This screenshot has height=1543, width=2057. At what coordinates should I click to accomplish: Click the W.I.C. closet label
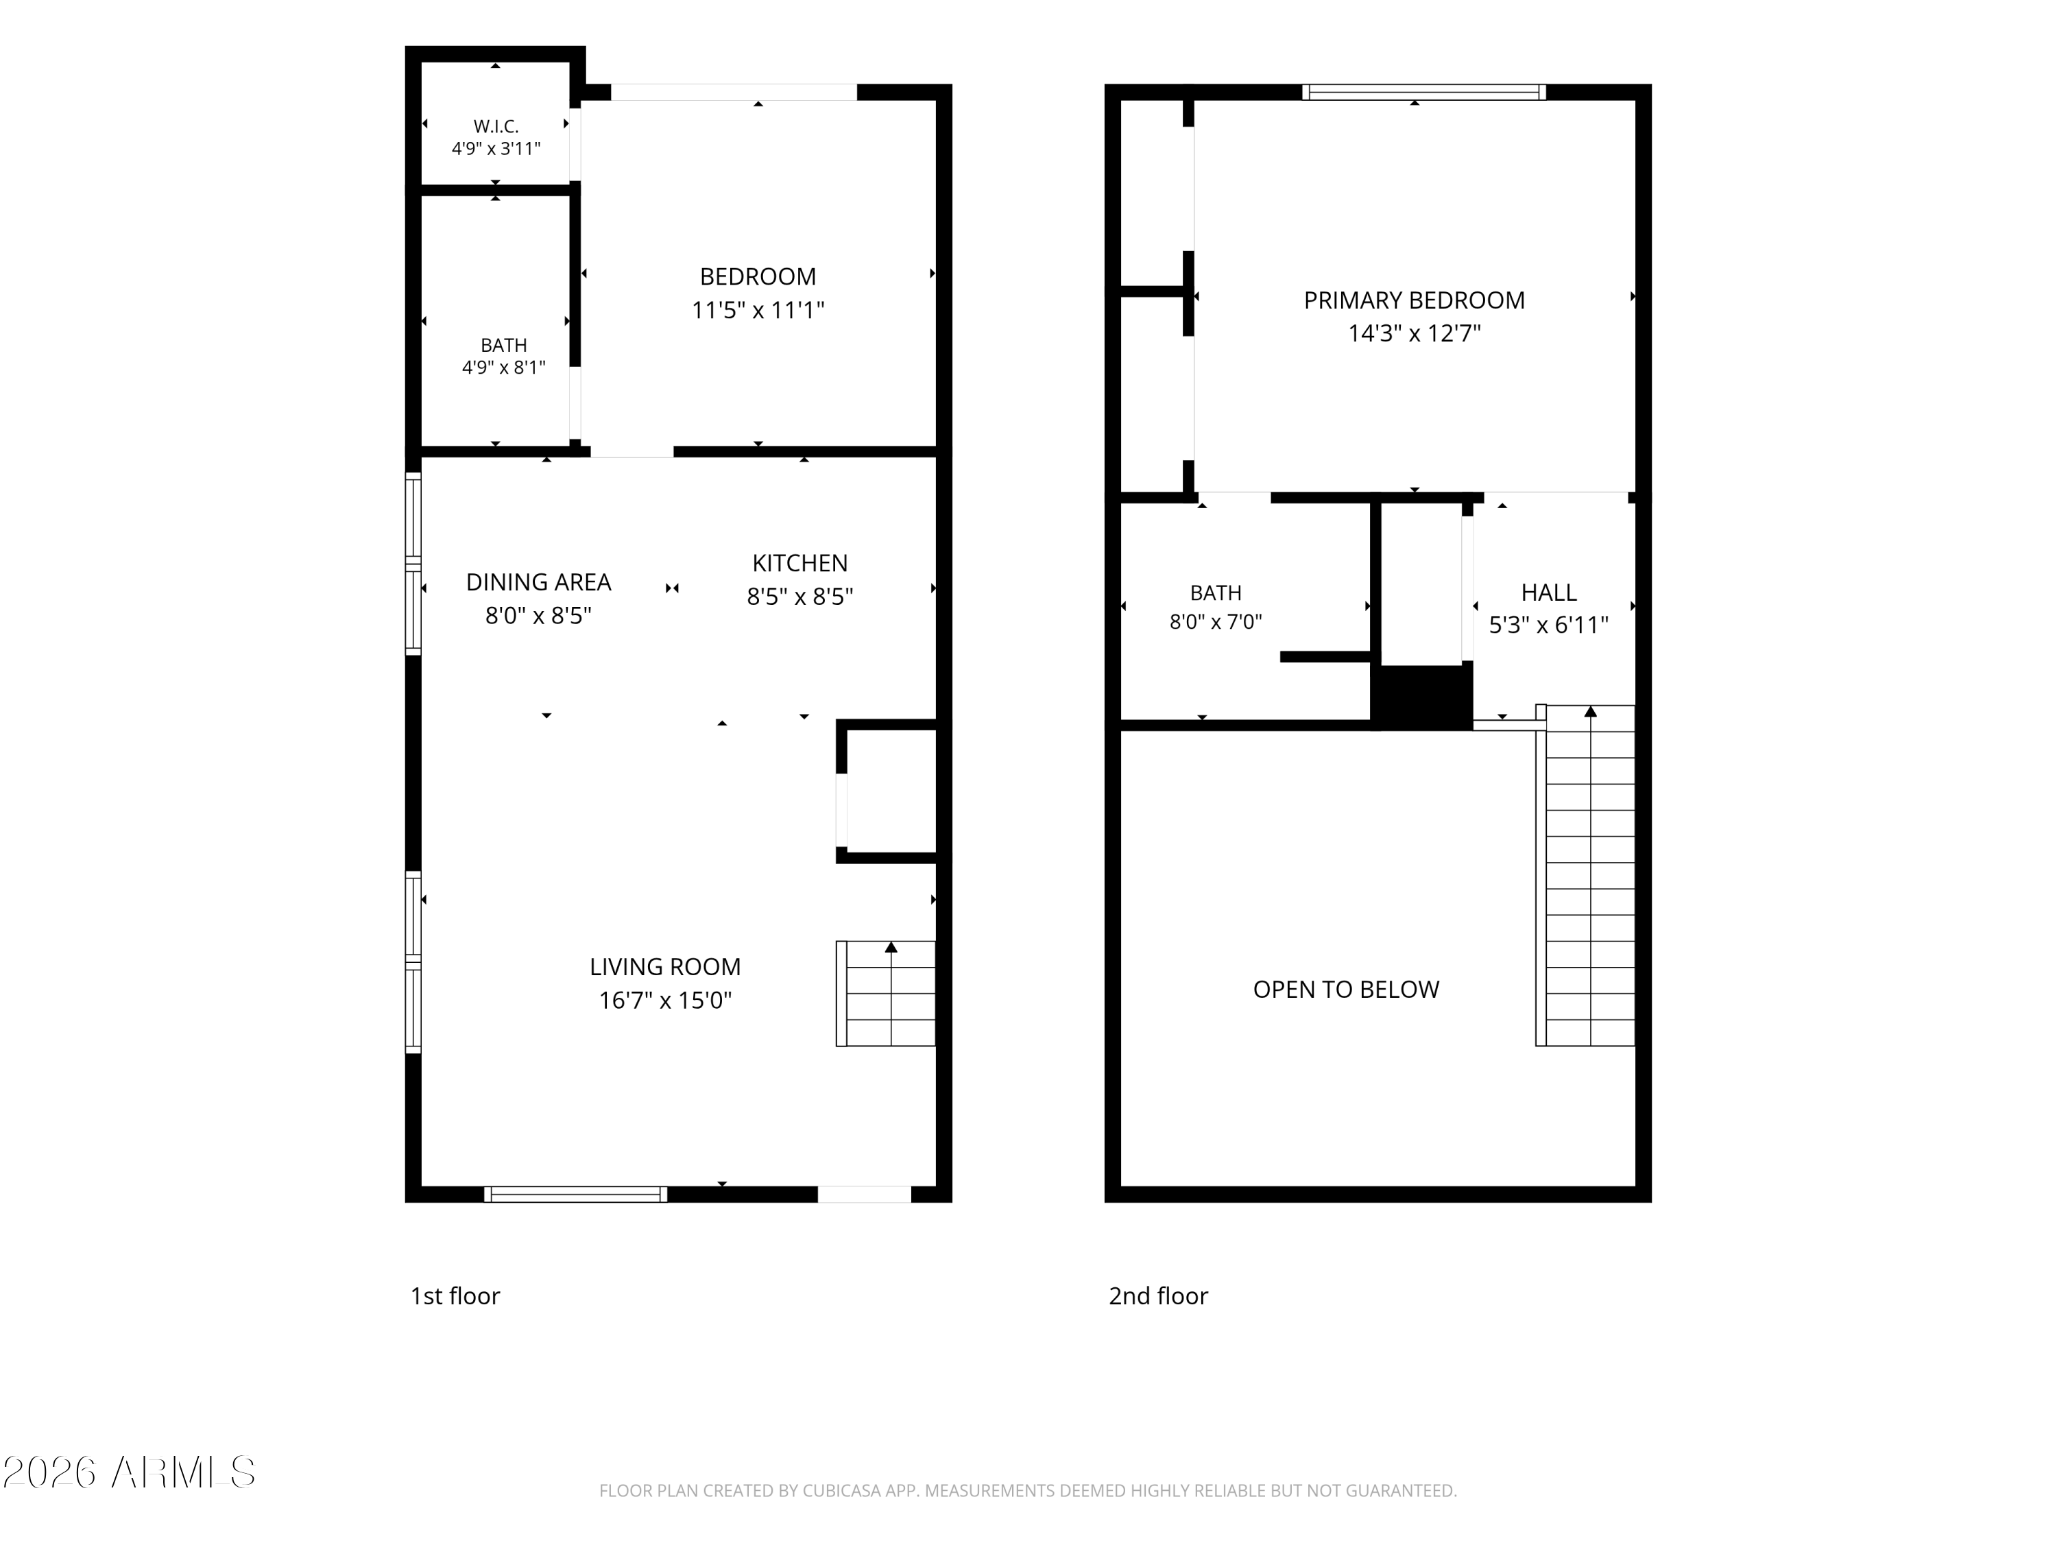coord(496,125)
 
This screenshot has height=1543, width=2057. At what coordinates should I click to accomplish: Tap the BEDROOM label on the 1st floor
coord(758,276)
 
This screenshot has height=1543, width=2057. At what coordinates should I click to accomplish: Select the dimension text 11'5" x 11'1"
coord(758,310)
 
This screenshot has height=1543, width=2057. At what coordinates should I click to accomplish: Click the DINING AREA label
coord(538,582)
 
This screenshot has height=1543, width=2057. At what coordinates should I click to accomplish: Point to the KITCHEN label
coord(799,563)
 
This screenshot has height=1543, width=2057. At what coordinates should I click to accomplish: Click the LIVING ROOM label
coord(665,967)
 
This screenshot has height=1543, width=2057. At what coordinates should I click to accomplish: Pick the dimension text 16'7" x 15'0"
coord(665,1001)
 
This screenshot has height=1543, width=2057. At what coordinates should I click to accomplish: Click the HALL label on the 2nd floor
coord(1548,593)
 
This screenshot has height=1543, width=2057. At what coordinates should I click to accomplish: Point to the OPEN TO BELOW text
coord(1345,990)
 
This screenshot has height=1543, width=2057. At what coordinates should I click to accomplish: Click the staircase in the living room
coord(886,993)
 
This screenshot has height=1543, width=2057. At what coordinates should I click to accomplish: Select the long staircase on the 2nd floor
coord(1585,875)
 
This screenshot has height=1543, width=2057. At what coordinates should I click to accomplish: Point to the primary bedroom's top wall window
coord(1423,92)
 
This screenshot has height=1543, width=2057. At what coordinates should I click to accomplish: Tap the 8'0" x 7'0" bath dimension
coord(1216,622)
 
